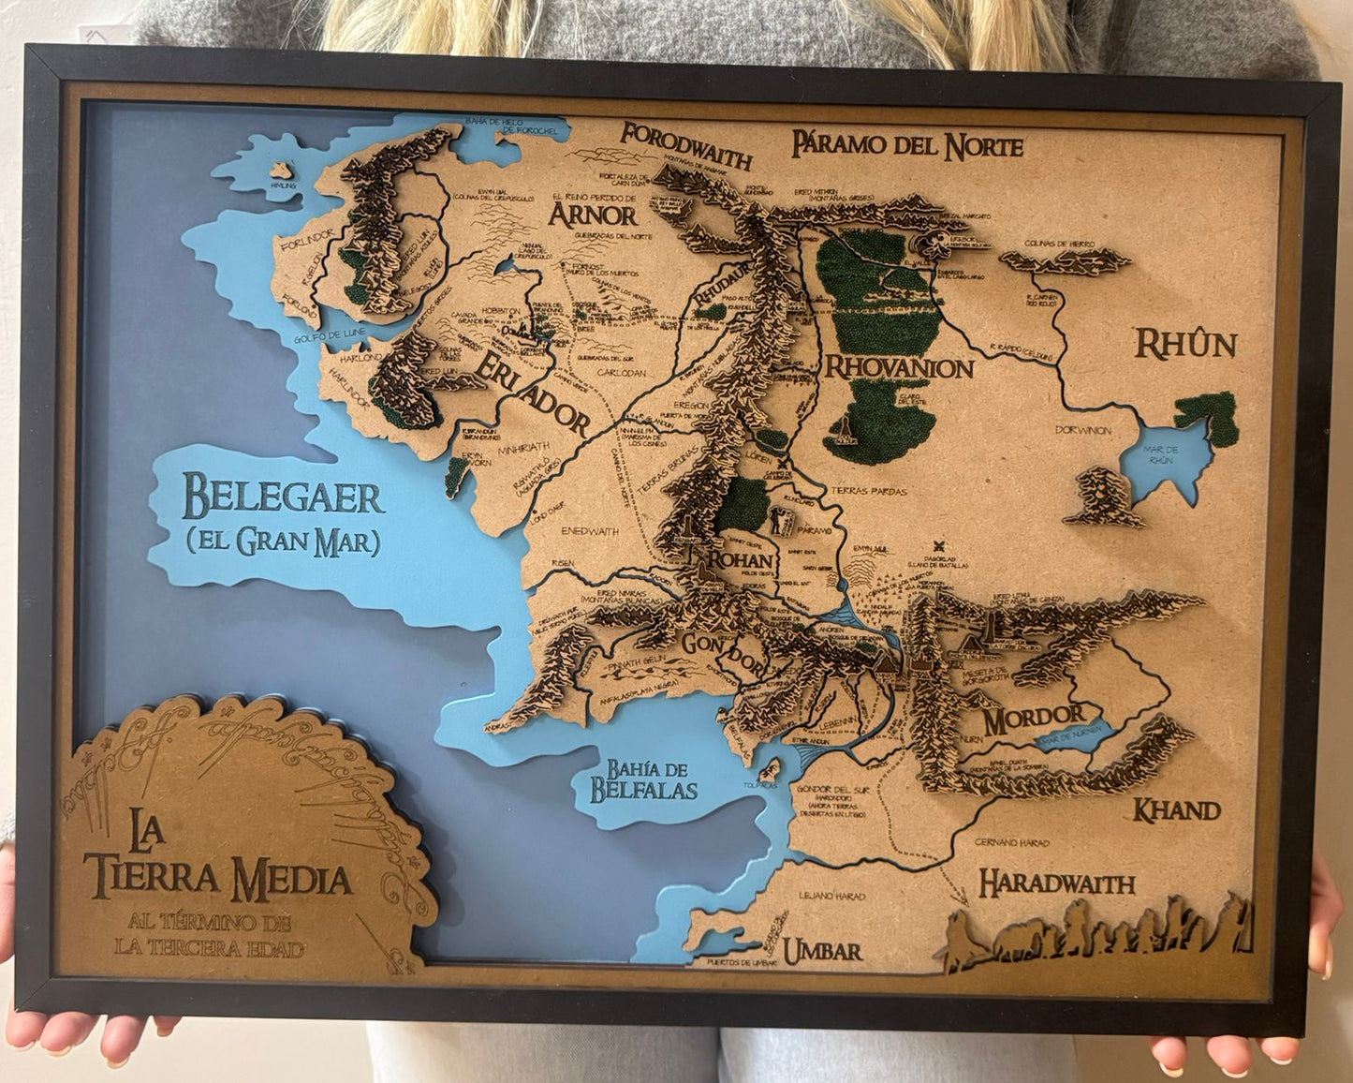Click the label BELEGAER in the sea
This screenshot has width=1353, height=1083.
pos(282,497)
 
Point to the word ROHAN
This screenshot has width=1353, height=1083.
pos(742,561)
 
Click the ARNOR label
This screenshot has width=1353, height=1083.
pos(593,215)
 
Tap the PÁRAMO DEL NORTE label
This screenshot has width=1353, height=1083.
pos(906,145)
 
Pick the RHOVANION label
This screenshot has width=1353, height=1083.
pos(898,367)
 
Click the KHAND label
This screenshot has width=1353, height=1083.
pos(1176,810)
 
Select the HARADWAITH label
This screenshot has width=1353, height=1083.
pos(1056,883)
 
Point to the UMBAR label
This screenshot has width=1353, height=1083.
pos(822,952)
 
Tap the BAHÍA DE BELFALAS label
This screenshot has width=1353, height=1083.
pos(643,780)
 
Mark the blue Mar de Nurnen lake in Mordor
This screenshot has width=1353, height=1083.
pos(1071,736)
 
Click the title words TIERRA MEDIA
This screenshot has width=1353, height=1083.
pos(217,879)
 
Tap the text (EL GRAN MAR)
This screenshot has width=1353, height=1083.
pos(282,541)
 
